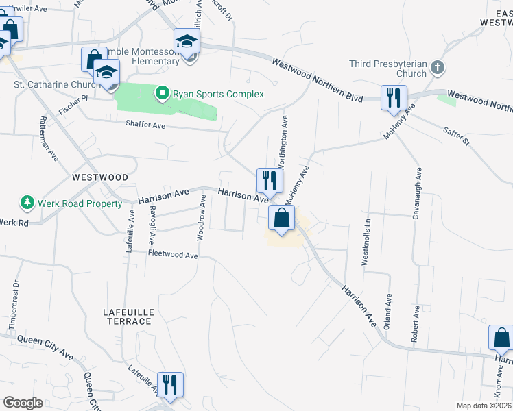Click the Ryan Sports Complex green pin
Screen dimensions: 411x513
click(163, 93)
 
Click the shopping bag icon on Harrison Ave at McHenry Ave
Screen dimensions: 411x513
click(281, 219)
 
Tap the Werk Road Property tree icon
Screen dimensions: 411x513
click(27, 203)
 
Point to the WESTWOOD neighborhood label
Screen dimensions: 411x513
click(100, 177)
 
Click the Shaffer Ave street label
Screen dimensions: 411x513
click(145, 125)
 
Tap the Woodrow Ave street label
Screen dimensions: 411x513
click(202, 217)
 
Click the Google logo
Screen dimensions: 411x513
click(23, 403)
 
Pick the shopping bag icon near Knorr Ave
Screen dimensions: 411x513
click(501, 338)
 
